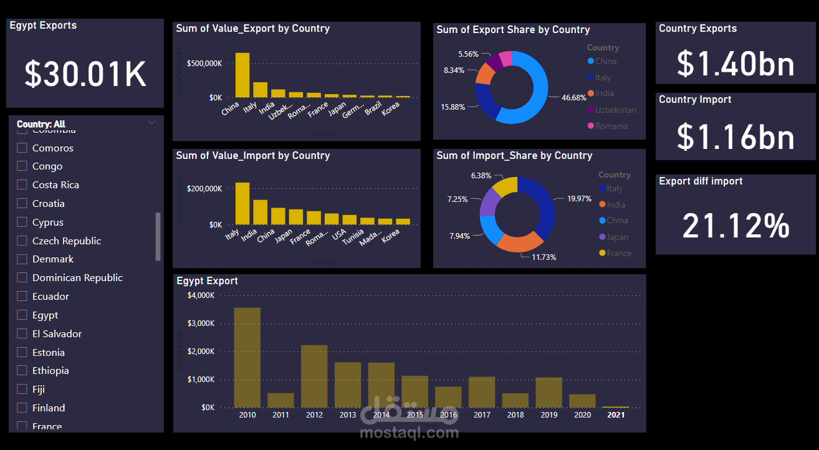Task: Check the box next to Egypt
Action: pos(22,315)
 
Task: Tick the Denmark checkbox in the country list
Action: pos(22,259)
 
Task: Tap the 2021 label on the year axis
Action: pos(616,414)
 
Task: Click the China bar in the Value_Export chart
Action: pos(242,75)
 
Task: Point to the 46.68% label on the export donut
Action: pos(574,98)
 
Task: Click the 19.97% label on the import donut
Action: pos(579,199)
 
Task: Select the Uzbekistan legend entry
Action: pos(615,110)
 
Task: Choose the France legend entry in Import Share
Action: pos(619,253)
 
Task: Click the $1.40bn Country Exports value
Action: pos(735,64)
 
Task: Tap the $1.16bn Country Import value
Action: pos(735,137)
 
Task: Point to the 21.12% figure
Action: pos(735,226)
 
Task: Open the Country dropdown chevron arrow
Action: pos(151,123)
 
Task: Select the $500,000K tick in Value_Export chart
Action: pos(204,64)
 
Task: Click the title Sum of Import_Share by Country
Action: pos(514,156)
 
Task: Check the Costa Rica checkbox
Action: pos(22,184)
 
